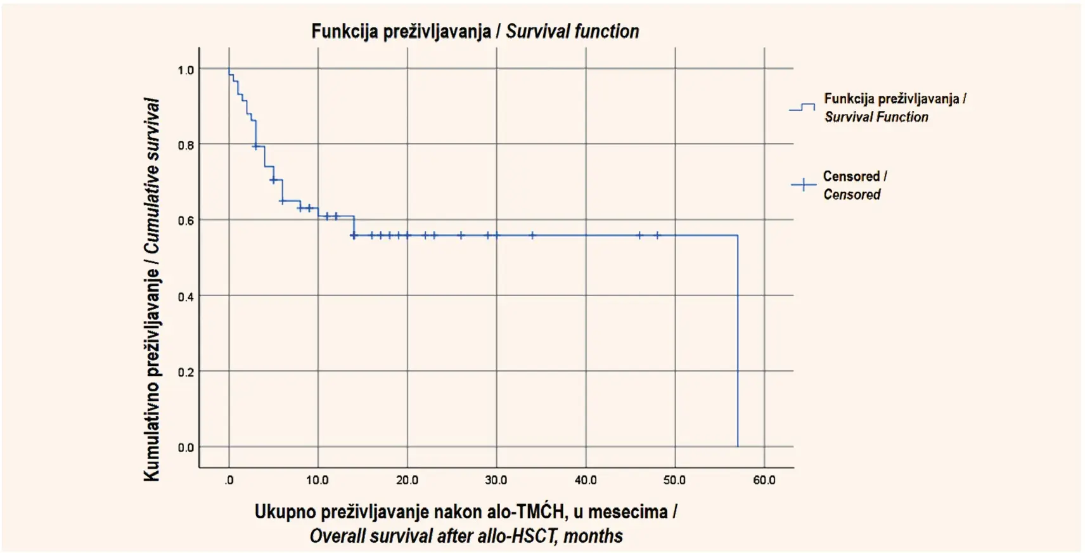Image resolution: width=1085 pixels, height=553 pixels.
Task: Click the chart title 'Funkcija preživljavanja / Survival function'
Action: (475, 32)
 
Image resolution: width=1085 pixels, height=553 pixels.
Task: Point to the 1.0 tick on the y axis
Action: (186, 70)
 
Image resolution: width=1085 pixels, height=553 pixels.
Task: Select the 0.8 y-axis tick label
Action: (186, 146)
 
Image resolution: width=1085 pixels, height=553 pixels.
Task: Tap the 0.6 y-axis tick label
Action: (186, 221)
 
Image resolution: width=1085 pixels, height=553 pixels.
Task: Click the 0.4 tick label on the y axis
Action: (186, 297)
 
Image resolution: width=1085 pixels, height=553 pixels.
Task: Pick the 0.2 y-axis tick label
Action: (186, 373)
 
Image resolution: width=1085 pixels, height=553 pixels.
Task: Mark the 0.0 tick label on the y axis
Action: (186, 448)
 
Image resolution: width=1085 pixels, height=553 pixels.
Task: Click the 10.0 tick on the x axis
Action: (318, 480)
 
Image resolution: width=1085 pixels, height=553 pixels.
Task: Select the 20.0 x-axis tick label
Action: (407, 480)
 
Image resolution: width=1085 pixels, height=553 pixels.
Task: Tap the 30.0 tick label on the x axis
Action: (496, 480)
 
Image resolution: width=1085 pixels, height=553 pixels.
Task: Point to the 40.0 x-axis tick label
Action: (586, 480)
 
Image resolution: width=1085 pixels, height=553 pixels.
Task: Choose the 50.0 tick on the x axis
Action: (675, 480)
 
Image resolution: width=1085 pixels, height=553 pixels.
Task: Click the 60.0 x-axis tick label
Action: (764, 480)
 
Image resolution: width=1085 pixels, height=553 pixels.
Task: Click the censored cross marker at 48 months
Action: (657, 235)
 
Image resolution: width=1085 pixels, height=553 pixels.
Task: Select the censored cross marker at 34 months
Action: (532, 235)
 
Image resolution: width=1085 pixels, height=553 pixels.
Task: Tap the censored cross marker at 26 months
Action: (461, 235)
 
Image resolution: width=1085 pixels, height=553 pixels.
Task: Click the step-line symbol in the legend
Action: (802, 108)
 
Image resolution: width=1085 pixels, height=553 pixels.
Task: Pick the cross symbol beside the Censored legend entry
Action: (803, 185)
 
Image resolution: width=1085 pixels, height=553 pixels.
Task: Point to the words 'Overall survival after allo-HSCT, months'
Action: (466, 536)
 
